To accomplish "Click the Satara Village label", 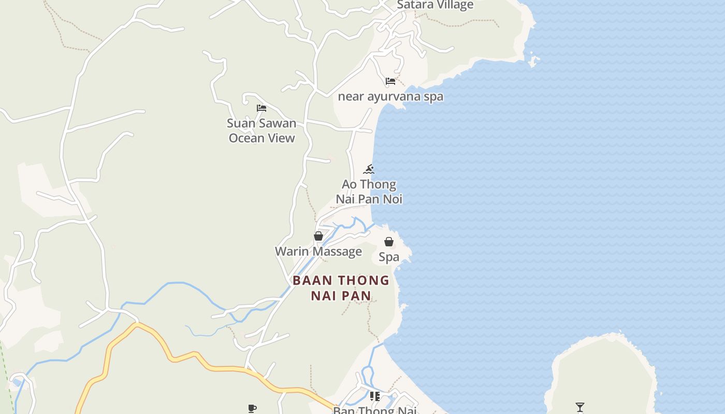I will click(435, 5).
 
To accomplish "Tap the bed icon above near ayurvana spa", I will click(390, 81).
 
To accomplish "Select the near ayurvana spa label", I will click(390, 97).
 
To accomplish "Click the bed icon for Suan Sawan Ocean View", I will click(262, 108).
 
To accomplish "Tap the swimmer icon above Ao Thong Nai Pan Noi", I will click(369, 169).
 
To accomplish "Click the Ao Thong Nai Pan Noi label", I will click(369, 191).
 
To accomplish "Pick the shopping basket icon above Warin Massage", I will click(318, 236).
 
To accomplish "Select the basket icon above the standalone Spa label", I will click(389, 242).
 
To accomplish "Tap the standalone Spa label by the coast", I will click(389, 257).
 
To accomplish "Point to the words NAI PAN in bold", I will click(341, 296).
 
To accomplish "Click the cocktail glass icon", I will click(580, 407).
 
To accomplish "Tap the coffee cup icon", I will click(252, 409).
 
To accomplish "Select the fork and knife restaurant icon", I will click(374, 396).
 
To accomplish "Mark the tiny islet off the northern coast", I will click(534, 62).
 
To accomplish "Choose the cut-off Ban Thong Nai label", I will click(374, 410).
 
